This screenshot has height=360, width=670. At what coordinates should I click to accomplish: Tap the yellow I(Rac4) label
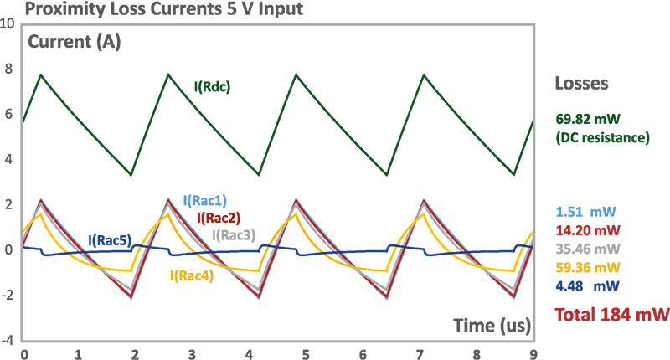pos(193,273)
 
